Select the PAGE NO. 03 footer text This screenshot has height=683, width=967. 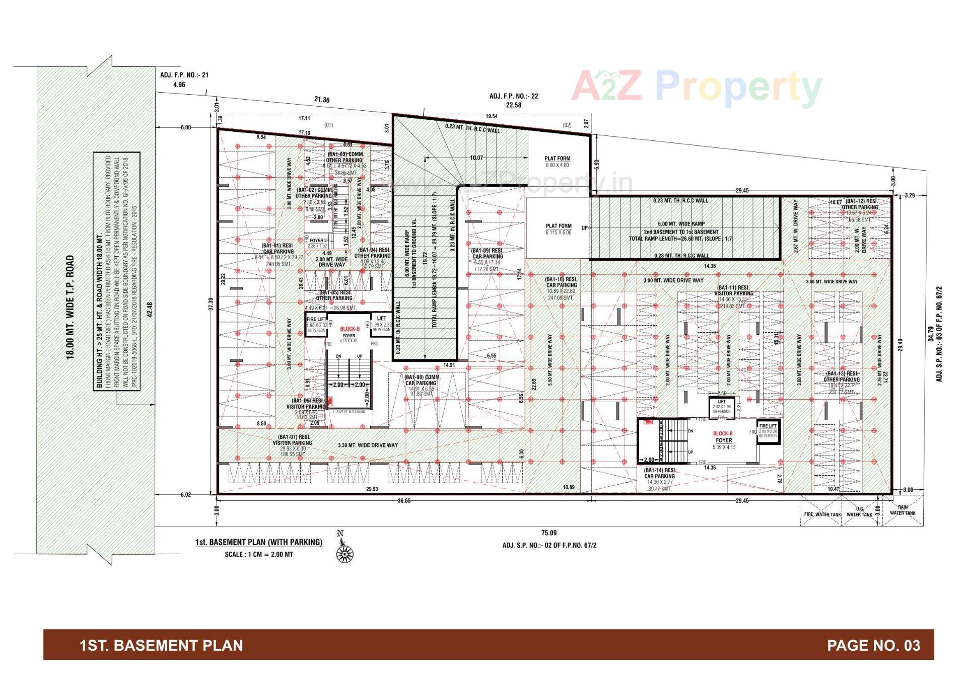point(873,645)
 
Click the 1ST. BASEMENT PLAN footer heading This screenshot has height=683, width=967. point(161,645)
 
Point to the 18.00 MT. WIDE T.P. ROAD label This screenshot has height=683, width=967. point(71,307)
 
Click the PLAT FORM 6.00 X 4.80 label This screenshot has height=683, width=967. point(557,162)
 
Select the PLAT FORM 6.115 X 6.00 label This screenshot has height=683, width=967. point(559,229)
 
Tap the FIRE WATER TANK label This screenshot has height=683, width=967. point(822,514)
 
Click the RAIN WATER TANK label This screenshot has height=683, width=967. point(903,510)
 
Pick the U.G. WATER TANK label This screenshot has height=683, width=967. point(859,512)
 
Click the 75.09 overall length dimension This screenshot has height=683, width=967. point(549,533)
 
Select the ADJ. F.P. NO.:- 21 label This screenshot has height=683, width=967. point(184,75)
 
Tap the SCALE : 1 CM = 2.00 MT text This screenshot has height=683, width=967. point(259,554)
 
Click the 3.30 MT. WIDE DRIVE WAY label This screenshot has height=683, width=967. point(368,445)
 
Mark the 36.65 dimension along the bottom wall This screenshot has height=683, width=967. point(404,501)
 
